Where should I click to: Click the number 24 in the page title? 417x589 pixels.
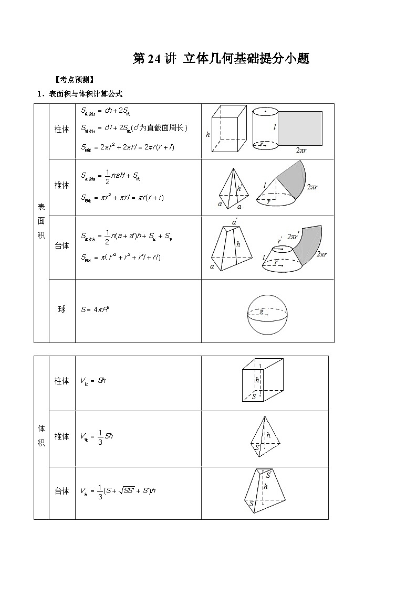click(153, 59)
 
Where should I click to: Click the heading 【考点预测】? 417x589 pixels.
click(74, 80)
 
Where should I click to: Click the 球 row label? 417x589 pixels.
click(62, 309)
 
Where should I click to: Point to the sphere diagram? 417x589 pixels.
click(268, 314)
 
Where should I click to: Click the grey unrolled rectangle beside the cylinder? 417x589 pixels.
click(300, 128)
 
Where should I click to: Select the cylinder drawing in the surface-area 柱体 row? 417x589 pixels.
click(265, 129)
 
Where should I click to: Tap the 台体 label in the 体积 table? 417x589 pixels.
click(62, 491)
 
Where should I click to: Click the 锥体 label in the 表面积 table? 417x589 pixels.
click(62, 185)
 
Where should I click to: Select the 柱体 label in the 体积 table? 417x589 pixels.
click(62, 381)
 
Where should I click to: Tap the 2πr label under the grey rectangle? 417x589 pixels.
click(301, 150)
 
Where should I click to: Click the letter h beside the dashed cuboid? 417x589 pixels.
click(208, 134)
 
